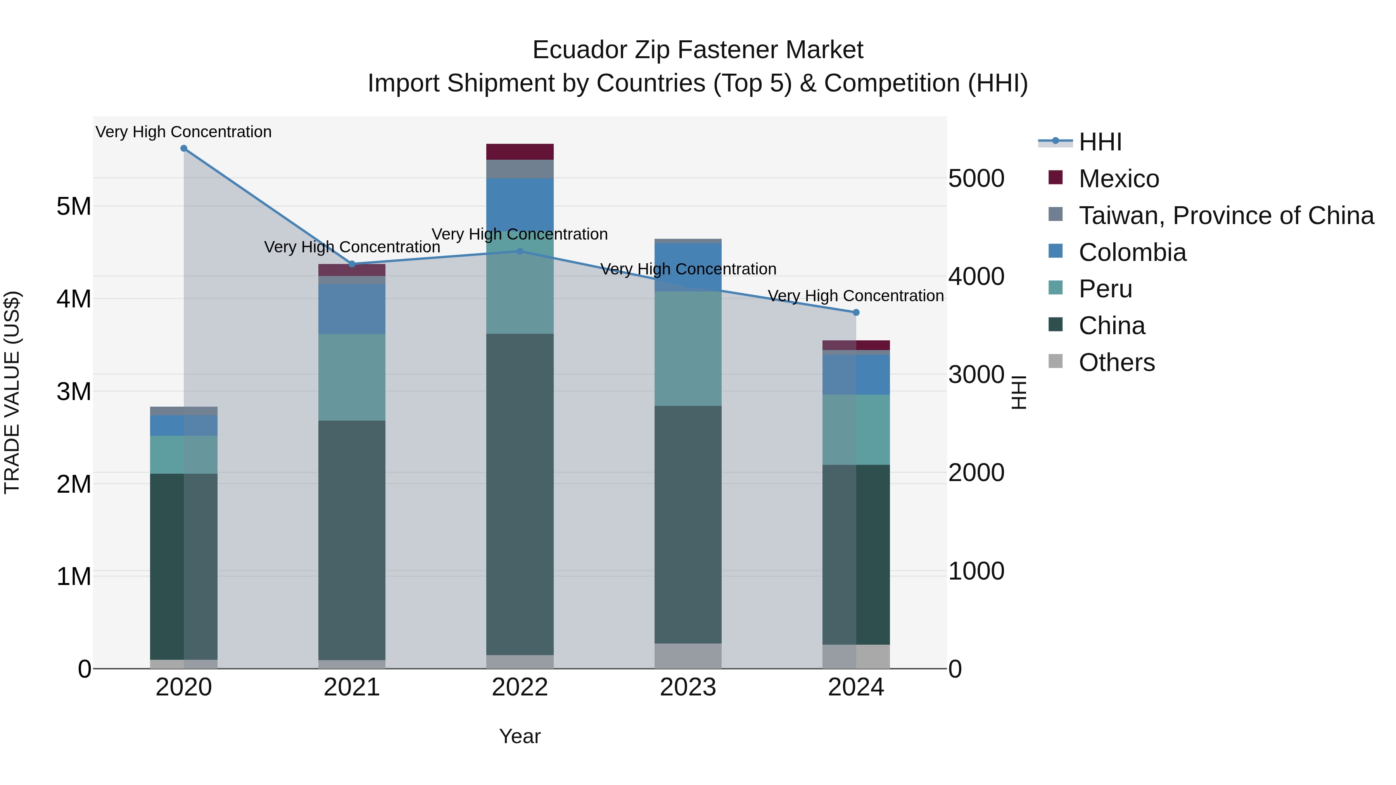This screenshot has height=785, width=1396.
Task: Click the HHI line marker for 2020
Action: tap(184, 148)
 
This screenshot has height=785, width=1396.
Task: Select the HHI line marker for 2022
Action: tap(520, 251)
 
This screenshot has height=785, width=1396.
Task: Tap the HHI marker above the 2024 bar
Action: tap(856, 312)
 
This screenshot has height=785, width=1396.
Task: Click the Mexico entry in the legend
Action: tap(1118, 179)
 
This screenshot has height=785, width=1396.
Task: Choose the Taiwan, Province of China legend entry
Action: tap(1226, 216)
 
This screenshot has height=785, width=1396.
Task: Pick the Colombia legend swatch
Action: tap(1056, 251)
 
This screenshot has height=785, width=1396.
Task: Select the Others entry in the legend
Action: tap(1116, 362)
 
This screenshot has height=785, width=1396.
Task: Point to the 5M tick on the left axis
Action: tap(74, 206)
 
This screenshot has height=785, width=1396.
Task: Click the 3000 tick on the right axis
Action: tap(976, 375)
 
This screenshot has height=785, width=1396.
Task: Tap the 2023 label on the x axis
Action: tap(688, 687)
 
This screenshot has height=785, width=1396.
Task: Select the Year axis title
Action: tap(520, 736)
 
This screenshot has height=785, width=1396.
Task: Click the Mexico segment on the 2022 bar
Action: tap(520, 152)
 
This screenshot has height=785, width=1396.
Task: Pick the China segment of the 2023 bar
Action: tap(688, 524)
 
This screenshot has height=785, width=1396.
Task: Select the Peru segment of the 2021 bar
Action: tap(352, 377)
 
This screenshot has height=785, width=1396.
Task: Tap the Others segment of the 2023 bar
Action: tap(688, 656)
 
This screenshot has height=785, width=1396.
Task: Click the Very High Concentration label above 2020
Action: tap(184, 132)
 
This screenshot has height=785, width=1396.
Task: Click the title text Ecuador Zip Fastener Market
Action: tap(698, 50)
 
